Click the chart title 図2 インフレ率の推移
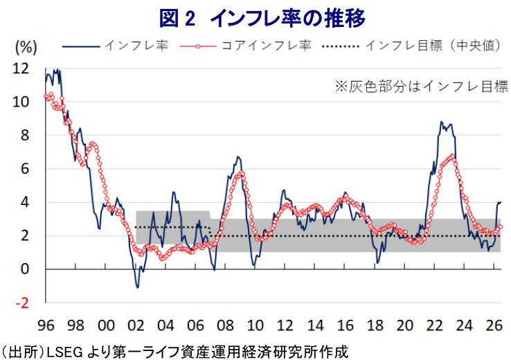[x=262, y=18]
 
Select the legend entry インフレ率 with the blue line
[x=116, y=46]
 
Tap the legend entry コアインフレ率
[x=245, y=46]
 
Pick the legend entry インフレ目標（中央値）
[x=411, y=46]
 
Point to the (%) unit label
[x=26, y=48]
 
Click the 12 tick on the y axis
[x=21, y=69]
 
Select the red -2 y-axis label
[x=22, y=303]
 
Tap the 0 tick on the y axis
[x=25, y=269]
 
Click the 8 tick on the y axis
[x=25, y=135]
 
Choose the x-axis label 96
[x=46, y=325]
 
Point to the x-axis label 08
[x=225, y=325]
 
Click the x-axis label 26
[x=494, y=325]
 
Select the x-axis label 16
[x=345, y=325]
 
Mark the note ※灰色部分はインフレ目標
[x=422, y=87]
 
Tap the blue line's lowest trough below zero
[x=138, y=288]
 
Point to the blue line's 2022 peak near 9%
[x=441, y=122]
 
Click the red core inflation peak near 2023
[x=452, y=156]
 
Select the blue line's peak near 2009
[x=238, y=156]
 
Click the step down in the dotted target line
[x=210, y=231]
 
